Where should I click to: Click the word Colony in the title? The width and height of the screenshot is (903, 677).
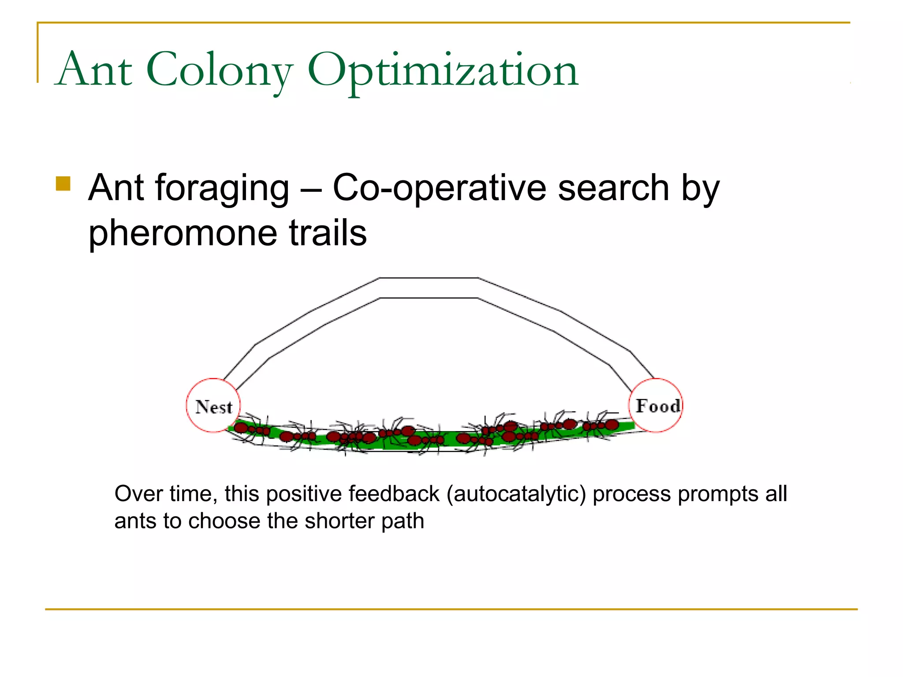(219, 71)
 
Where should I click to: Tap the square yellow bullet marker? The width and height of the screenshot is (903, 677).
(63, 184)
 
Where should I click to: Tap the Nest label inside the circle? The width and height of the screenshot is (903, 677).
(214, 406)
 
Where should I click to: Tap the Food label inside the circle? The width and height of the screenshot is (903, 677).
(657, 406)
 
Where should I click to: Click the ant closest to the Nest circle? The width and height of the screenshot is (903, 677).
(251, 428)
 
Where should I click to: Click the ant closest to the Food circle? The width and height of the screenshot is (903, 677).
(601, 425)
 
